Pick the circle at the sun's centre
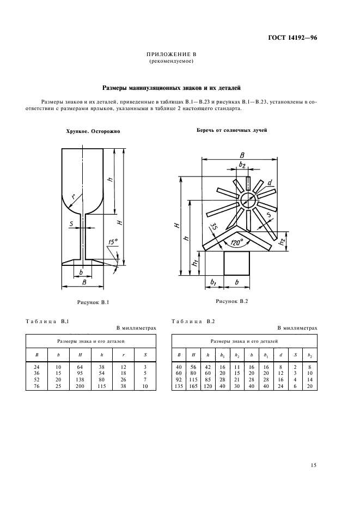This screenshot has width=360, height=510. (x=247, y=198)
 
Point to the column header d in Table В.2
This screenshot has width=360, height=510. (x=280, y=355)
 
